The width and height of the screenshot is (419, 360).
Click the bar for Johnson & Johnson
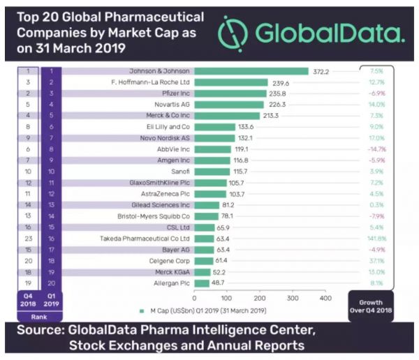point(251,71)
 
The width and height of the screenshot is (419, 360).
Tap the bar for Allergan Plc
point(202,283)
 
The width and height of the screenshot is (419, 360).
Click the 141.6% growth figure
point(376,238)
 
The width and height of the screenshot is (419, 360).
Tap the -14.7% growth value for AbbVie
point(376,149)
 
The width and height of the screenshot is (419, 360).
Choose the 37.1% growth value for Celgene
point(376,260)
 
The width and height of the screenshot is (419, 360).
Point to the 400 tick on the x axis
point(324,297)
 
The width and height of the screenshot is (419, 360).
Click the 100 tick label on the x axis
point(226,297)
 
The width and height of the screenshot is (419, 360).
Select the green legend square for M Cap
point(142,310)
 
